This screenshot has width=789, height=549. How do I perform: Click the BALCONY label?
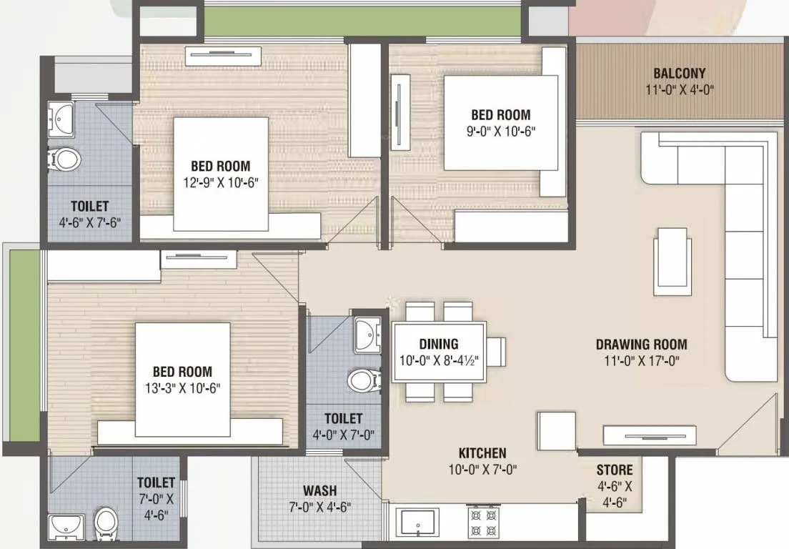[679, 73]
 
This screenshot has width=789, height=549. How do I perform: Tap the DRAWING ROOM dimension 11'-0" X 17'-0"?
[641, 361]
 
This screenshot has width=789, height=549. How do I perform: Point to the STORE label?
[615, 470]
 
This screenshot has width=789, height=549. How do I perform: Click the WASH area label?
[319, 491]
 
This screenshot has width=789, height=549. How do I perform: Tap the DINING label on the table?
[439, 344]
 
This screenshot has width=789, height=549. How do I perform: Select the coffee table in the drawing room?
[673, 261]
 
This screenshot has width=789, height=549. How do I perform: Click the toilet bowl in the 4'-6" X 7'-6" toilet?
[65, 158]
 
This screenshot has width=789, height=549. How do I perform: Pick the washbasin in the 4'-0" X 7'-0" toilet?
[368, 335]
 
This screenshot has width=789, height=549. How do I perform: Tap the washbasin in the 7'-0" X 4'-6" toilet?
[67, 526]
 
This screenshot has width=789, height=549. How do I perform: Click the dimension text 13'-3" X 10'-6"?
[182, 388]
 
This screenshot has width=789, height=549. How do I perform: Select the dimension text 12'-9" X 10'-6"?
[220, 182]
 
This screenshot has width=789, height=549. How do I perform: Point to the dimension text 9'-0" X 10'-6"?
[500, 131]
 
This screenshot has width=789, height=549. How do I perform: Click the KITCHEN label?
[482, 452]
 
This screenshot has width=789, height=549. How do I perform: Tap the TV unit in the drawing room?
[649, 435]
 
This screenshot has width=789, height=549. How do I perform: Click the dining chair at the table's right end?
[496, 352]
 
